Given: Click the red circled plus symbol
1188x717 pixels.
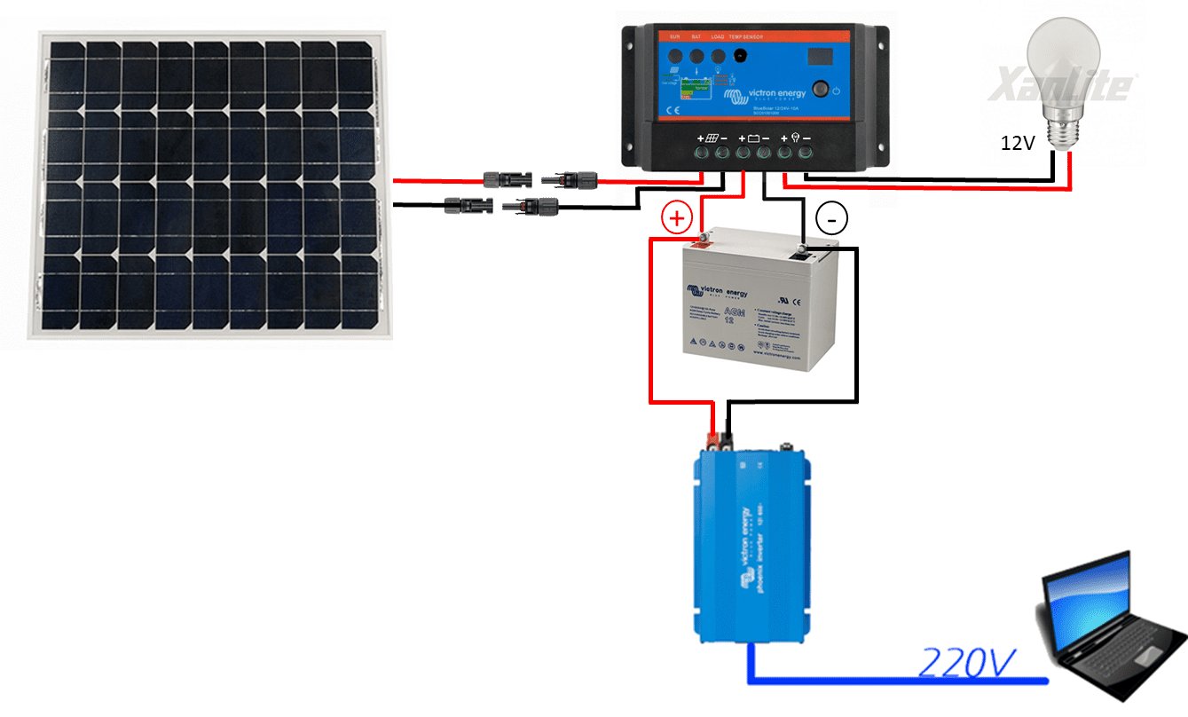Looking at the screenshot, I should click(677, 217).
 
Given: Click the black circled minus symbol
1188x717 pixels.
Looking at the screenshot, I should click(831, 217).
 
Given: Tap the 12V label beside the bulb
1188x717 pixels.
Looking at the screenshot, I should click(1019, 142).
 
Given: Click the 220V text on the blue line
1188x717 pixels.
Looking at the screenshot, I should click(968, 662).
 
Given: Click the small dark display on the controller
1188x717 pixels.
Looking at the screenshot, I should click(821, 55).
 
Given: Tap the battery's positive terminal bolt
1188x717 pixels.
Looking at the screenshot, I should click(701, 237).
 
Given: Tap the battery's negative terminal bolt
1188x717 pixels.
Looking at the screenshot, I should click(804, 248).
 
